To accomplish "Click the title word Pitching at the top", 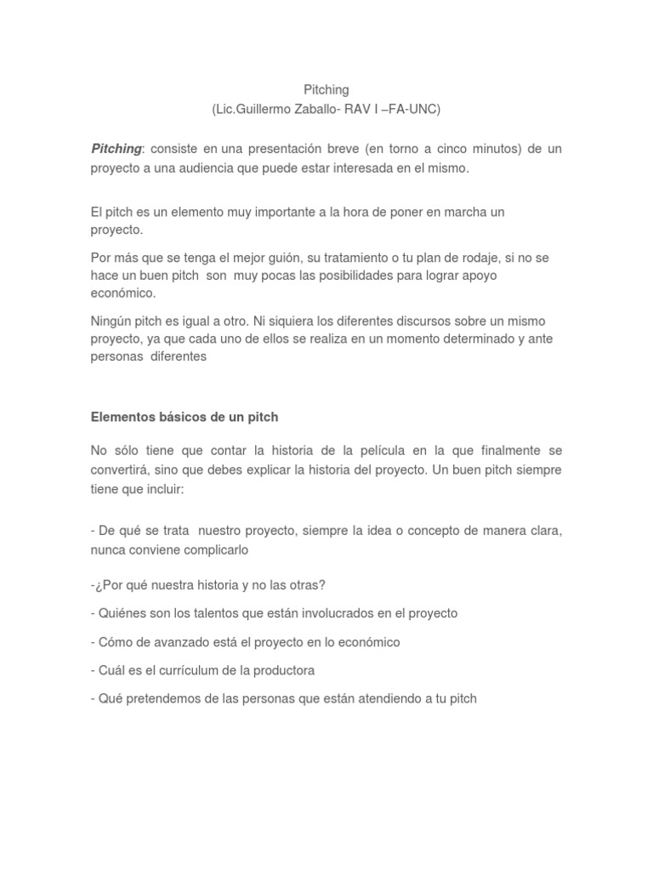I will click(x=326, y=89).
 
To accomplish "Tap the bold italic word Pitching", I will click(x=116, y=149).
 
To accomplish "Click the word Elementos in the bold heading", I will click(x=121, y=417).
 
